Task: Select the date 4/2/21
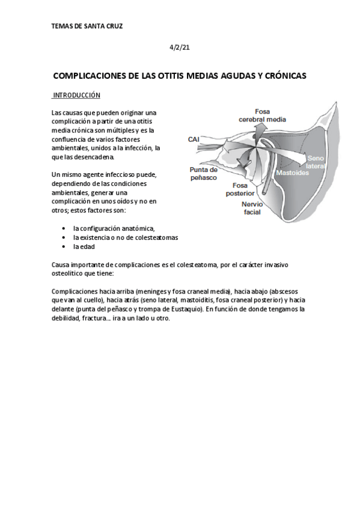point(180,47)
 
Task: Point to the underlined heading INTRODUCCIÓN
point(76,96)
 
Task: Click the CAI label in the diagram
point(194,140)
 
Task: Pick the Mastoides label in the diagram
point(293,173)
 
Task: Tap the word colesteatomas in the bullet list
point(157,238)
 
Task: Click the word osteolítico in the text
point(69,272)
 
